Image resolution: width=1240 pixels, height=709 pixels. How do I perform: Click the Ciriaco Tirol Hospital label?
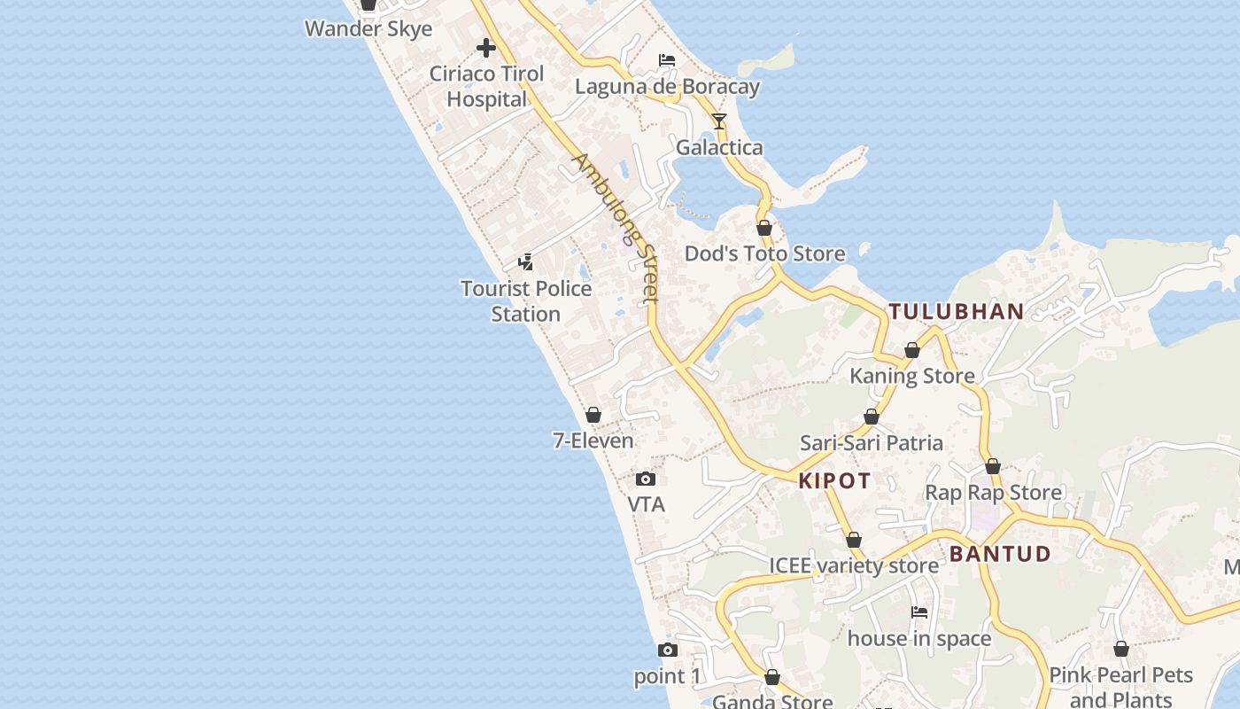(486, 86)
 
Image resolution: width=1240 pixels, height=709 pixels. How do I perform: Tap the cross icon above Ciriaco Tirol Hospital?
(486, 48)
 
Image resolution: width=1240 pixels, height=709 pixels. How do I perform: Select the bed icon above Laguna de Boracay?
(667, 60)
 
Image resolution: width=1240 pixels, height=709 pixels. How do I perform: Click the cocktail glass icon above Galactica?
(719, 121)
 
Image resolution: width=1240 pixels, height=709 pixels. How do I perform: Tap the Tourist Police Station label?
(526, 301)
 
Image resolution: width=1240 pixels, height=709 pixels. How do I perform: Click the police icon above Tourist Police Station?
(526, 262)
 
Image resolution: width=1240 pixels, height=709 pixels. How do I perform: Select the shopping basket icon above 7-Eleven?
(593, 415)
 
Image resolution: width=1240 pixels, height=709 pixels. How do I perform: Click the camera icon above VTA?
(646, 479)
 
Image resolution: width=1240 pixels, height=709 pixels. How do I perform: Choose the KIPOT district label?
(834, 481)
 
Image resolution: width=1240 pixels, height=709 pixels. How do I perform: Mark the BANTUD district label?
(1000, 555)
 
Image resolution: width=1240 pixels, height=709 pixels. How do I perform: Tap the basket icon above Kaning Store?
(912, 350)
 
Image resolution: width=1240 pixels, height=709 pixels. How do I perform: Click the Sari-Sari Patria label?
(872, 442)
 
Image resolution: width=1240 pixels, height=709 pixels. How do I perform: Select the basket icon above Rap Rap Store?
(993, 466)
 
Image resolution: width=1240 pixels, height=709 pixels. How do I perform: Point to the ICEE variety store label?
(854, 565)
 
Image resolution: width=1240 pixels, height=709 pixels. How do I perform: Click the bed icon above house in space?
(919, 612)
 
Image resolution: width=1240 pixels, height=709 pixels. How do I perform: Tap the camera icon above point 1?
(668, 651)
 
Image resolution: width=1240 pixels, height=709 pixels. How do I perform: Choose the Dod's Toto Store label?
(765, 254)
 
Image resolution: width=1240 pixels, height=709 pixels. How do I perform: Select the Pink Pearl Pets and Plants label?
(1121, 687)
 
